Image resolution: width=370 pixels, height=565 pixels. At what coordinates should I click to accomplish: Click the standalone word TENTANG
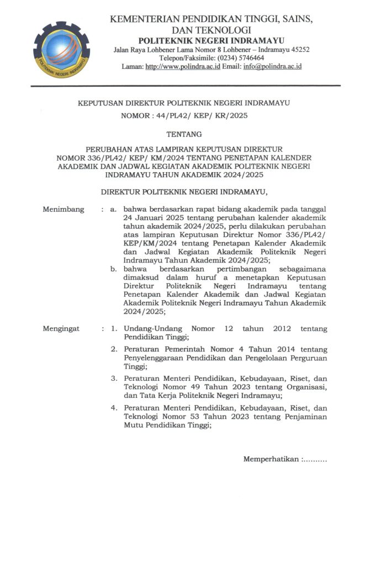184,134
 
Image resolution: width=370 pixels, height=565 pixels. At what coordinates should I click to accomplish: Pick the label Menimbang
64,210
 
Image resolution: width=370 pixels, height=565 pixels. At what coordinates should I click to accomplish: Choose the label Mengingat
61,329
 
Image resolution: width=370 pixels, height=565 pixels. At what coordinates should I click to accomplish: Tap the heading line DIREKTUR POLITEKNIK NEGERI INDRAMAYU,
184,192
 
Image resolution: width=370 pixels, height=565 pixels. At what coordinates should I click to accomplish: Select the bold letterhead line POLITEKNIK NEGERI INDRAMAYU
212,40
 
